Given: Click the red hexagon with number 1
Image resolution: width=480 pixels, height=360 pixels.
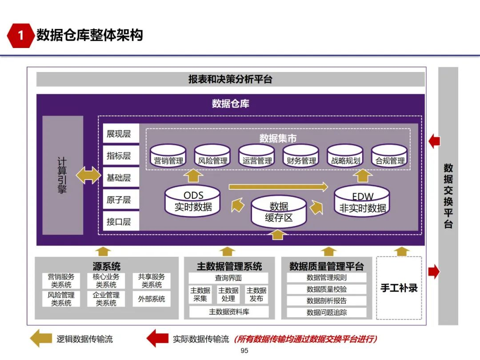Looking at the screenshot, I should point(20,35).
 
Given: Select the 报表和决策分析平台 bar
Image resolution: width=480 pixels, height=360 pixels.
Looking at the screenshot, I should point(230,80).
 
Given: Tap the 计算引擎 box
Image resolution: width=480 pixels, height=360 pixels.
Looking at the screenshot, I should point(63,175).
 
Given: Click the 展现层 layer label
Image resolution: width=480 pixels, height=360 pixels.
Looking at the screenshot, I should point(119,134).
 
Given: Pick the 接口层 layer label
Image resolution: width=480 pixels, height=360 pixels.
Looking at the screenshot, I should point(119,221).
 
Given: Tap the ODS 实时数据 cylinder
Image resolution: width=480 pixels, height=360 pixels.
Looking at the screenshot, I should point(192,201).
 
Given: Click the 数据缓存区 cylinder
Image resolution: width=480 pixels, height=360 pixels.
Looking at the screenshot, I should point(279,212).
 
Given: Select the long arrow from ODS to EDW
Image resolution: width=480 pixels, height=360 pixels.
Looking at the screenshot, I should point(278,187).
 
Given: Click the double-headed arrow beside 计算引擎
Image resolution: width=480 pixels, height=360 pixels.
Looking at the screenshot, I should point(88,175).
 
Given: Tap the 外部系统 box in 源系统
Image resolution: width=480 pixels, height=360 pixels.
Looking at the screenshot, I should point(152,299).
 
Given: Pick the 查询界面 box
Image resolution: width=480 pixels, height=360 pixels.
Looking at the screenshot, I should point(228,278).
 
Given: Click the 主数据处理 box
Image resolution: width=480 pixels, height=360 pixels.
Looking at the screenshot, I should point(228,294).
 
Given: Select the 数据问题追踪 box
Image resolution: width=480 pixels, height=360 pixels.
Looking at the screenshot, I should point(327,312).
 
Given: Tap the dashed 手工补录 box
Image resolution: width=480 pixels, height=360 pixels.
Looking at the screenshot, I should point(399,288).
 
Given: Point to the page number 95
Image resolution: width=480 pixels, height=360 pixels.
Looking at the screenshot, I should point(244,351).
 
